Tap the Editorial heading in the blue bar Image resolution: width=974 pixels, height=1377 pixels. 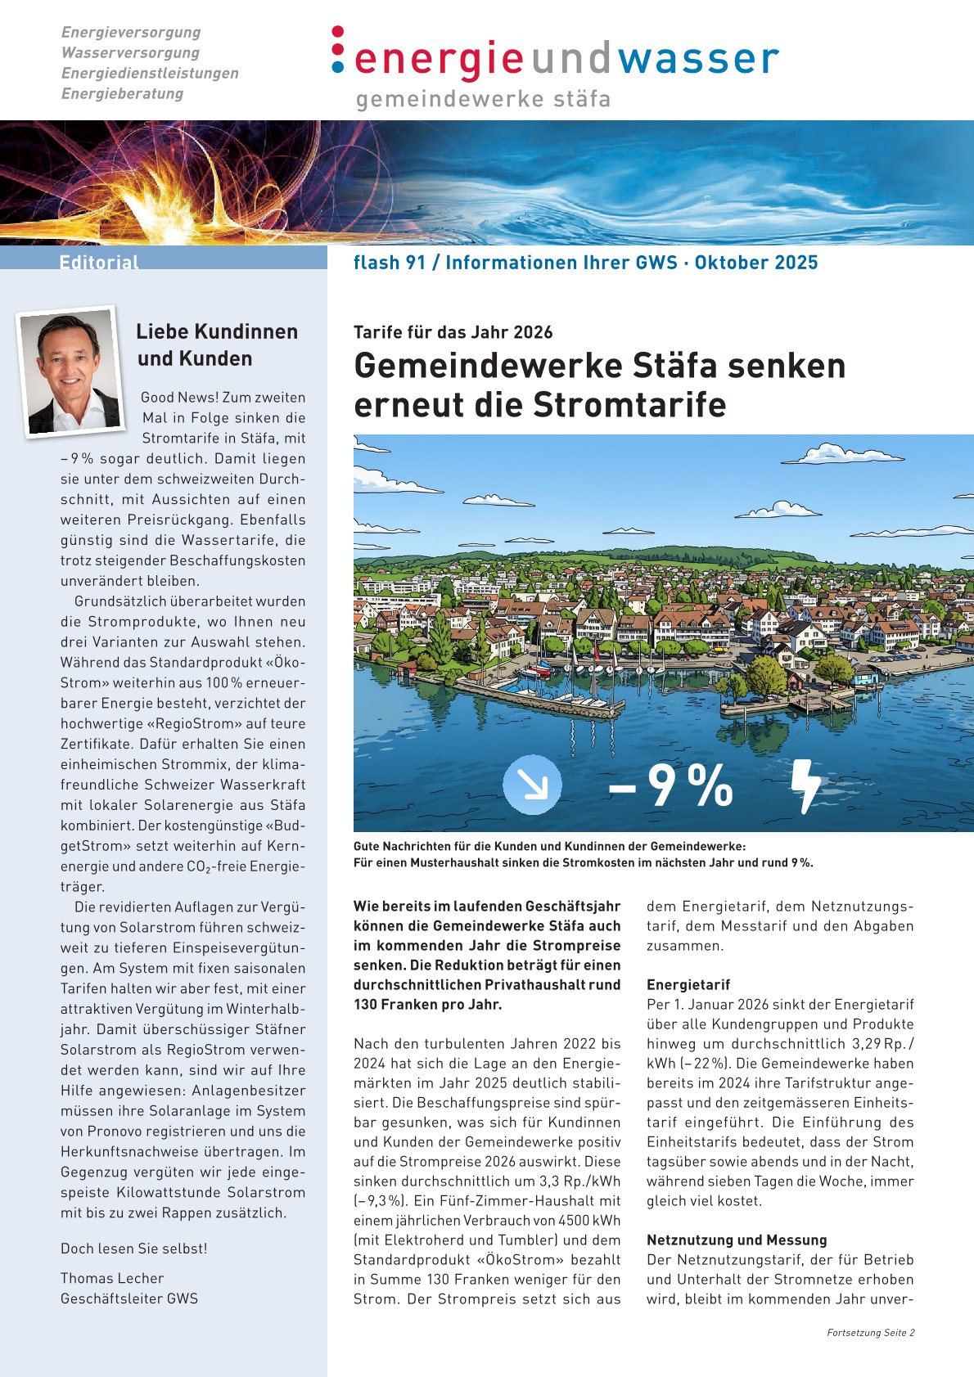coord(99,262)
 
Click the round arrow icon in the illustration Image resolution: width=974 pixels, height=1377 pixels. coord(532,784)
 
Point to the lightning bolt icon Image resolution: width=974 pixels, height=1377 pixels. coord(805,785)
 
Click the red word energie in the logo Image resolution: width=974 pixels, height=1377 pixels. coord(439,59)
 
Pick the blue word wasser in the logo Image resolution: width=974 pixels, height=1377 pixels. coord(697,59)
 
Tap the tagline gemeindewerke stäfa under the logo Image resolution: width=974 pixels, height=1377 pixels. coord(483,100)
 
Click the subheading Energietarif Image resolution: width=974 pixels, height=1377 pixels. coord(688,984)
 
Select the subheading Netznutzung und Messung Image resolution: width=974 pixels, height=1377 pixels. coord(737,1240)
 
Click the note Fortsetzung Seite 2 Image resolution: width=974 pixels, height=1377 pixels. coord(870,1333)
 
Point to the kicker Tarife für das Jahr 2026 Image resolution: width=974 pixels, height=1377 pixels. coord(453,332)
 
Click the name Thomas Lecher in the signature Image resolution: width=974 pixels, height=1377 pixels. coord(112,1278)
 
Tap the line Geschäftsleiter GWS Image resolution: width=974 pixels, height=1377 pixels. coord(129,1298)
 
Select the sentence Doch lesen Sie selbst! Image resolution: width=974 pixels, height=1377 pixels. coord(134,1249)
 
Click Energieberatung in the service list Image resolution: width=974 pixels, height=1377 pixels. coord(122,93)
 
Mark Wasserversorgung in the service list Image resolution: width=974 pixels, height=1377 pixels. coord(130,52)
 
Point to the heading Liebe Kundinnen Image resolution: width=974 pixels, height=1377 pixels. coord(217,331)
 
